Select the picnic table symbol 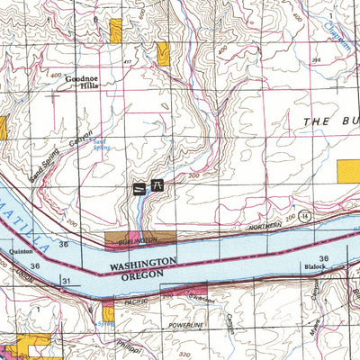[x=157, y=187]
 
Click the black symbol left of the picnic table [x=139, y=187]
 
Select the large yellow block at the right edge [x=348, y=172]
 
